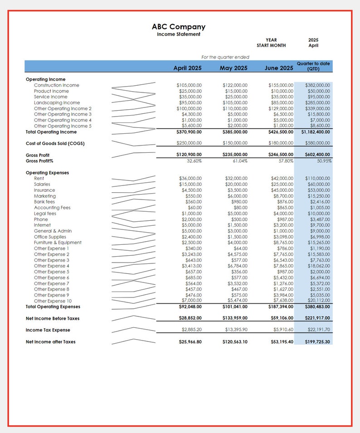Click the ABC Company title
(178, 27)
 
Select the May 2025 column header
(234, 68)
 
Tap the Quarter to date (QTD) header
(313, 66)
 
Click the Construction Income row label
(56, 85)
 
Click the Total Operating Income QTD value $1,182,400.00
(316, 132)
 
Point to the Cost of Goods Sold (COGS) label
(55, 143)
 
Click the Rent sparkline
(134, 179)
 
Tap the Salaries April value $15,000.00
(190, 185)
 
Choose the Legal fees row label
(45, 214)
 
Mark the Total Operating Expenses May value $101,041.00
(235, 307)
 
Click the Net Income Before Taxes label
(53, 319)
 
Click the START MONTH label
(271, 45)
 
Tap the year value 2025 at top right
(313, 40)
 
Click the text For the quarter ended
(225, 57)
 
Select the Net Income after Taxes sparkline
(134, 342)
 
